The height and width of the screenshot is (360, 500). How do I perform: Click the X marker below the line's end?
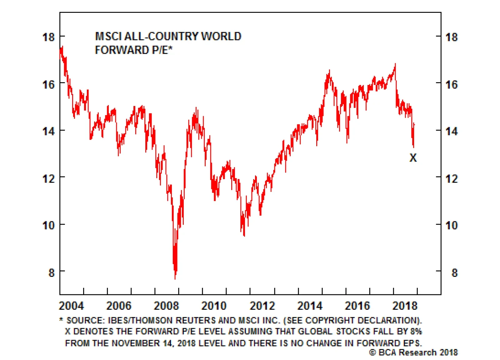pyautogui.click(x=413, y=158)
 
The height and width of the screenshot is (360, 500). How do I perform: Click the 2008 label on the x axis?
pyautogui.click(x=166, y=306)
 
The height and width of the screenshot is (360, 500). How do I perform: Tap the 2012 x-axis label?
pyautogui.click(x=262, y=306)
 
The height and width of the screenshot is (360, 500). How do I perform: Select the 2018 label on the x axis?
pyautogui.click(x=405, y=306)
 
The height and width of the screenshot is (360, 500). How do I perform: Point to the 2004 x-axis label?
pyautogui.click(x=72, y=306)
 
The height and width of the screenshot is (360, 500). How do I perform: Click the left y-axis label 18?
pyautogui.click(x=48, y=37)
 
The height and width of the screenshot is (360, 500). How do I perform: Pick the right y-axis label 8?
pyautogui.click(x=454, y=273)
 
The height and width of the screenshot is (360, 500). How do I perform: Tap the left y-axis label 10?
pyautogui.click(x=48, y=225)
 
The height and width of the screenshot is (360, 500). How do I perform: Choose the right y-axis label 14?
pyautogui.click(x=451, y=131)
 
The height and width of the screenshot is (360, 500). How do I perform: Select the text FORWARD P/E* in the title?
pyautogui.click(x=133, y=50)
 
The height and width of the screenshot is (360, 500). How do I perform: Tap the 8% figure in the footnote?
pyautogui.click(x=416, y=331)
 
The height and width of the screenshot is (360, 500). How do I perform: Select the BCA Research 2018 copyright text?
pyautogui.click(x=413, y=352)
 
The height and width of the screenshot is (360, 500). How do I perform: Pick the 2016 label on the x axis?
pyautogui.click(x=357, y=306)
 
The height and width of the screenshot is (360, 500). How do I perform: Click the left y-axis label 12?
pyautogui.click(x=48, y=179)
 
